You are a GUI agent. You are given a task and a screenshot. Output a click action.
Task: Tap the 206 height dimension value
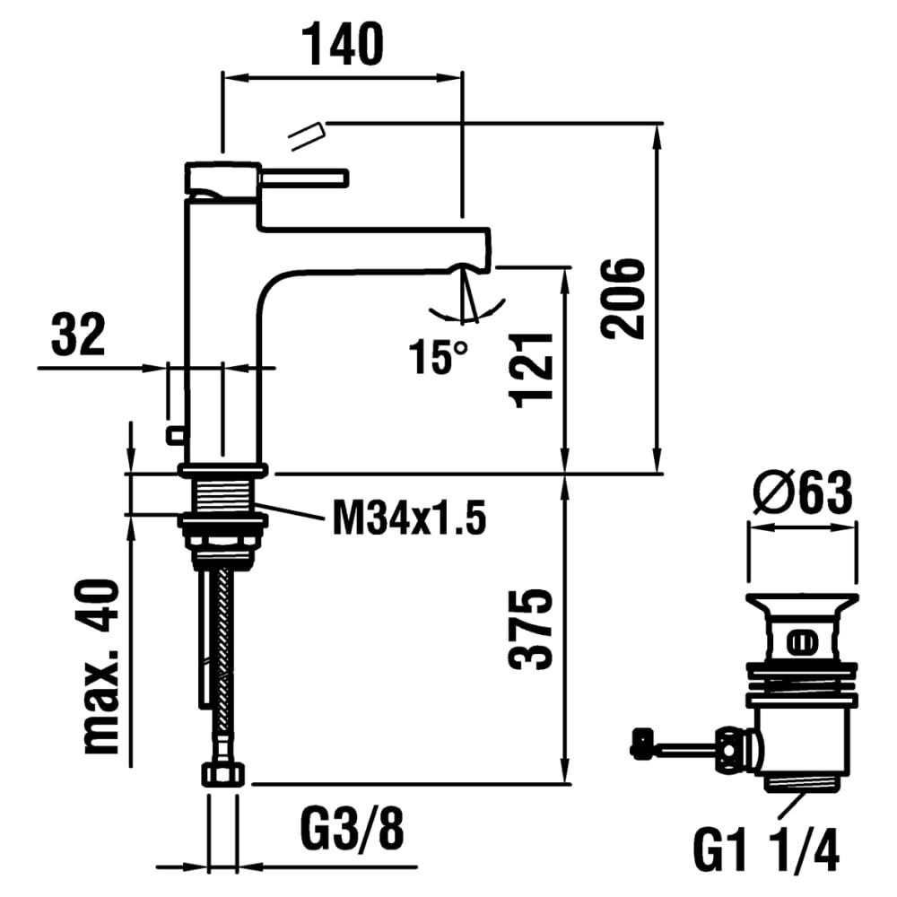622,299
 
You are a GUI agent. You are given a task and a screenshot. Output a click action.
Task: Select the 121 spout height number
533,369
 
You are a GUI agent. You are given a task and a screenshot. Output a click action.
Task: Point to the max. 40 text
101,666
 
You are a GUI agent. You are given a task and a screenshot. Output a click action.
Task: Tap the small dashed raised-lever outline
304,135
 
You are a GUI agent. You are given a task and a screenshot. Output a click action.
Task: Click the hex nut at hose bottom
222,774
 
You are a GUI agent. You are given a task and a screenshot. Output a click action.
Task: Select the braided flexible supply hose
223,664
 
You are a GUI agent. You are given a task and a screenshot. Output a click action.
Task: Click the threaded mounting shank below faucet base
222,494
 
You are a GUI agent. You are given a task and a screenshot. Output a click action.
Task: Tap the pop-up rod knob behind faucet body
174,435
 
